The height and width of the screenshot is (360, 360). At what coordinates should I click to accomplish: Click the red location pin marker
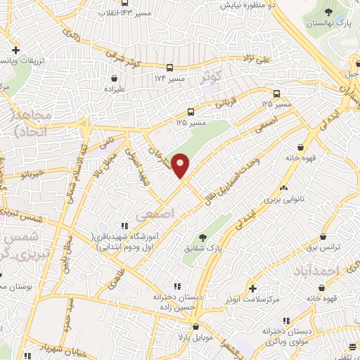182,166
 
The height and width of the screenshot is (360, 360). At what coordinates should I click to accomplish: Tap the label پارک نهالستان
327,25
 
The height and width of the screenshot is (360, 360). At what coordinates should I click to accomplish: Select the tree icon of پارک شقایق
203,238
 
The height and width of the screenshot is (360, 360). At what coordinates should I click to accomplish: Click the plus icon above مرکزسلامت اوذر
252,288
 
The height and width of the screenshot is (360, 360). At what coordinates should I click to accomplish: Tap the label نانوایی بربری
282,200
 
